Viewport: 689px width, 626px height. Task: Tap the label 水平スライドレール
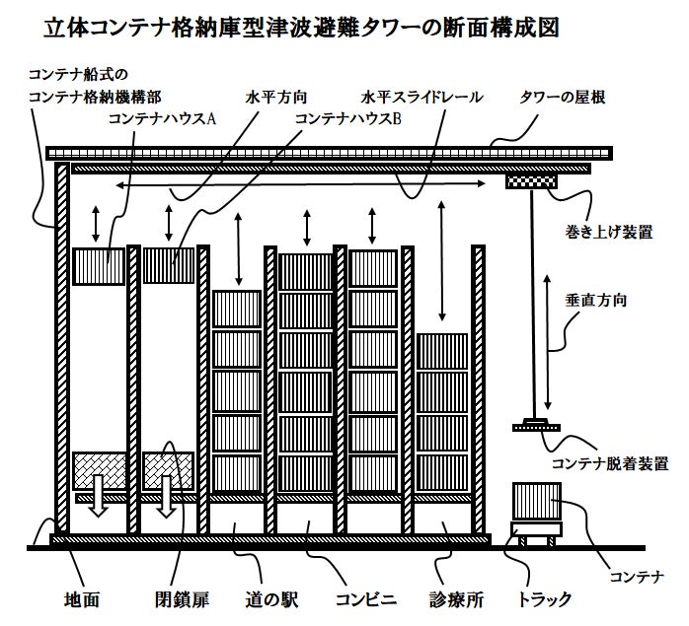(x=421, y=98)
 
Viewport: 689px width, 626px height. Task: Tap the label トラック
(x=544, y=598)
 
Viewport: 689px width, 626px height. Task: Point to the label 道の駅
(x=271, y=598)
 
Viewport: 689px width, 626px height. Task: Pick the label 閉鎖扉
(x=181, y=598)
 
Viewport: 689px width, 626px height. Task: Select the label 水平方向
(x=276, y=98)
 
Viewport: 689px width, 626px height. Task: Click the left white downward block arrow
(x=99, y=494)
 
